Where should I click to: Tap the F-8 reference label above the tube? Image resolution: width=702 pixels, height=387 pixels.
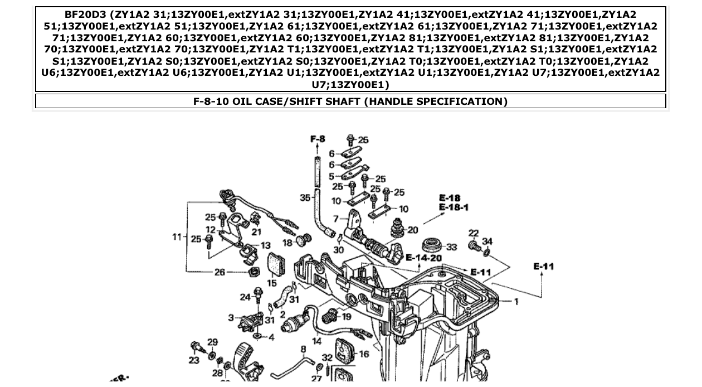pos(318,139)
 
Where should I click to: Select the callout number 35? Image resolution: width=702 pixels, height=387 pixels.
pos(305,197)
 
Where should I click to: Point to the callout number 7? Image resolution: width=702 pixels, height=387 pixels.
pos(336,219)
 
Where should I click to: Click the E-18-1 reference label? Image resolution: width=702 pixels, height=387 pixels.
pos(454,207)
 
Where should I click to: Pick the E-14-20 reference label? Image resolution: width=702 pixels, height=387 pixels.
pos(423,258)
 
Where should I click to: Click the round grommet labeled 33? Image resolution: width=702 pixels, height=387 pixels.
pos(432,245)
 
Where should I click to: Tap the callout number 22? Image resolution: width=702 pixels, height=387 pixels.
pos(474,233)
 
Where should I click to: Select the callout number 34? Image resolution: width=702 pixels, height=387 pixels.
pos(487,241)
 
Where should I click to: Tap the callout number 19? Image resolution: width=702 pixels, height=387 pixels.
pos(347,316)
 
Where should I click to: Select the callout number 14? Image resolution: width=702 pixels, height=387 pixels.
pos(316,341)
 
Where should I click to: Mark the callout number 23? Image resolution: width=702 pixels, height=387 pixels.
pos(193,360)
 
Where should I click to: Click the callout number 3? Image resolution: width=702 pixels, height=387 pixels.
pos(231,317)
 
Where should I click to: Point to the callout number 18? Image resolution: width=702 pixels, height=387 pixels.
pos(287,243)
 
